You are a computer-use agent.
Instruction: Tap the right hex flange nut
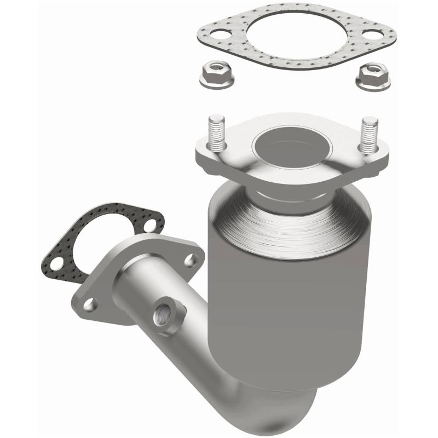373,76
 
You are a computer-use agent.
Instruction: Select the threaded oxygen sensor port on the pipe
163,316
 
